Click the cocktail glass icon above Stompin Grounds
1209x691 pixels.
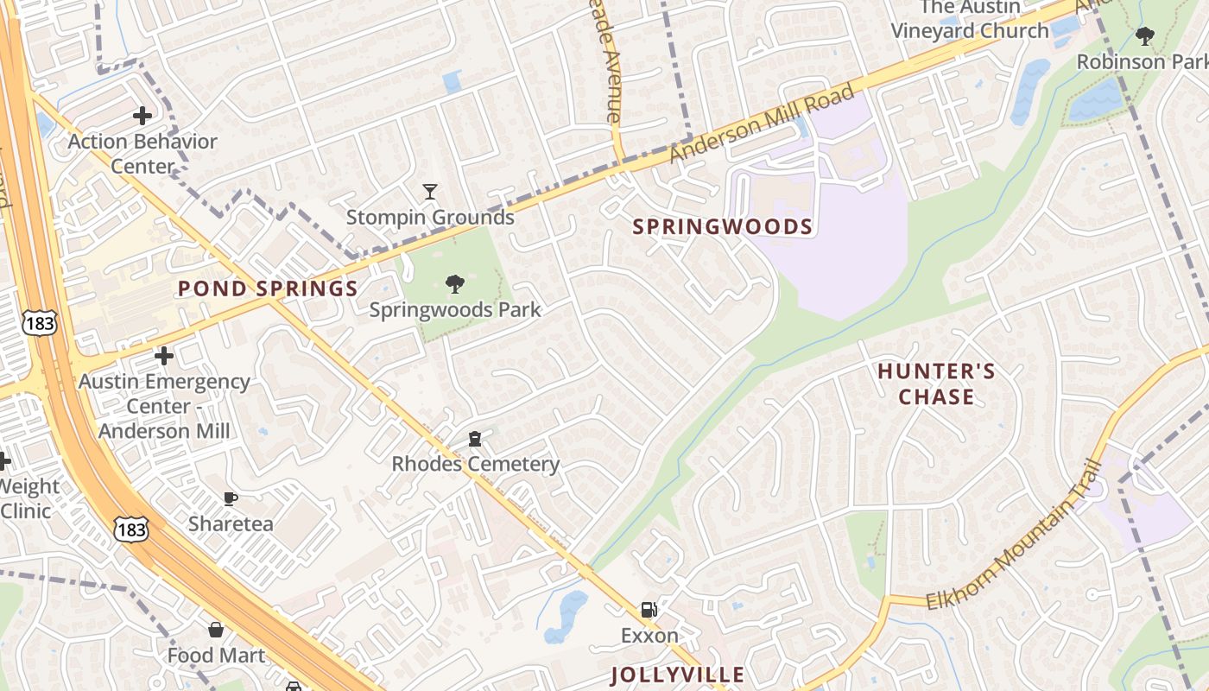coord(430,191)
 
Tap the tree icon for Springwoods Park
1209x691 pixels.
coord(455,283)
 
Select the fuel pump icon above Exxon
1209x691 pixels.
coord(649,610)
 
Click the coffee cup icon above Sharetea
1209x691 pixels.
coord(231,498)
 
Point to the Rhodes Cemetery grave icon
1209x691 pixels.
coord(474,439)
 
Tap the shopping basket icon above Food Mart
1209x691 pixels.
coord(216,630)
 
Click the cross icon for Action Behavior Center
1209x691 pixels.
coord(142,116)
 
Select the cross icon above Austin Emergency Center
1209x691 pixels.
coord(163,355)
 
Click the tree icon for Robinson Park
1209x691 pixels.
coord(1145,36)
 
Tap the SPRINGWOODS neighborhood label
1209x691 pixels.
coord(723,227)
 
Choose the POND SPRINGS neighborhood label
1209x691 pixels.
coord(268,289)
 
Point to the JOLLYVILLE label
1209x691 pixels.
coord(677,675)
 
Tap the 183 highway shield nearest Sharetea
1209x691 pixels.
coord(131,529)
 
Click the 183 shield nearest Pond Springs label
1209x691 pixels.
coord(41,323)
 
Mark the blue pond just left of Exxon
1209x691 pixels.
coord(566,615)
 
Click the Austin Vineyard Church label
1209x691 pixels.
coord(970,19)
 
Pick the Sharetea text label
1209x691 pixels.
coord(231,523)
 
